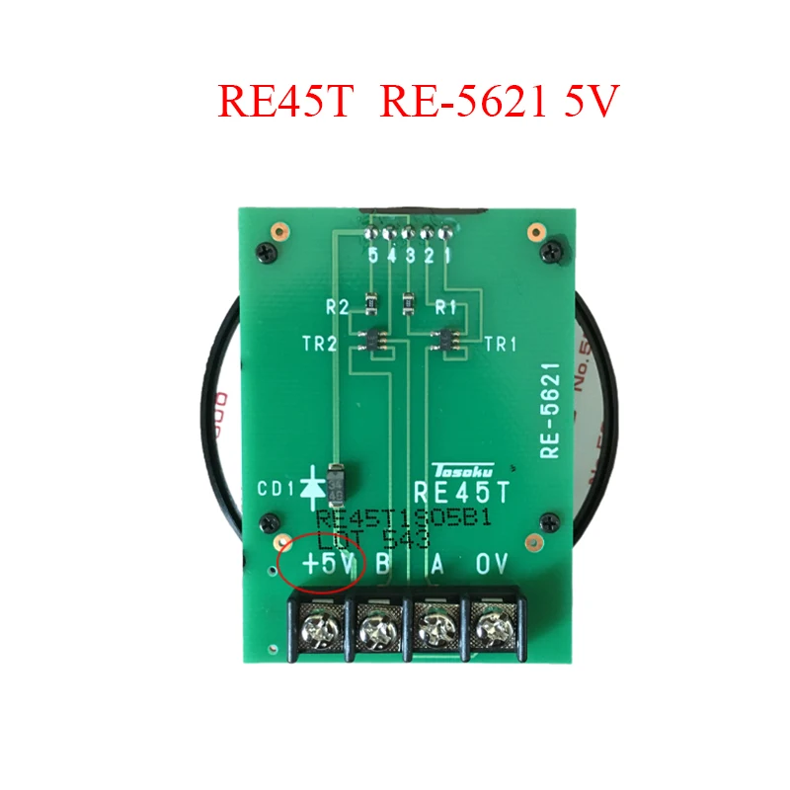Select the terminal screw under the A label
pyautogui.click(x=434, y=626)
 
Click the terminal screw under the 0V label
pyautogui.click(x=490, y=626)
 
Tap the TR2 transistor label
pyautogui.click(x=320, y=345)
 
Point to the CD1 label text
pyautogui.click(x=276, y=487)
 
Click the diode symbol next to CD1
pyautogui.click(x=314, y=485)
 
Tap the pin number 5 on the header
pyautogui.click(x=373, y=256)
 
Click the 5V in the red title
pyautogui.click(x=592, y=103)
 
